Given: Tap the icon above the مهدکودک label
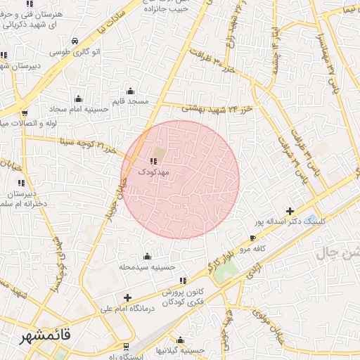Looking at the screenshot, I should click(154, 161).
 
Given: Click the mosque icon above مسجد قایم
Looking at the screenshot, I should click(129, 91).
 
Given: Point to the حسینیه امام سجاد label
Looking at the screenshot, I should click(77, 110).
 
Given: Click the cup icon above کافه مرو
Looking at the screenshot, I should click(253, 239).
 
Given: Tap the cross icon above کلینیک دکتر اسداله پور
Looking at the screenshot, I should click(290, 211).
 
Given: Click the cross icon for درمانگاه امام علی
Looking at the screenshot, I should click(127, 297).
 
